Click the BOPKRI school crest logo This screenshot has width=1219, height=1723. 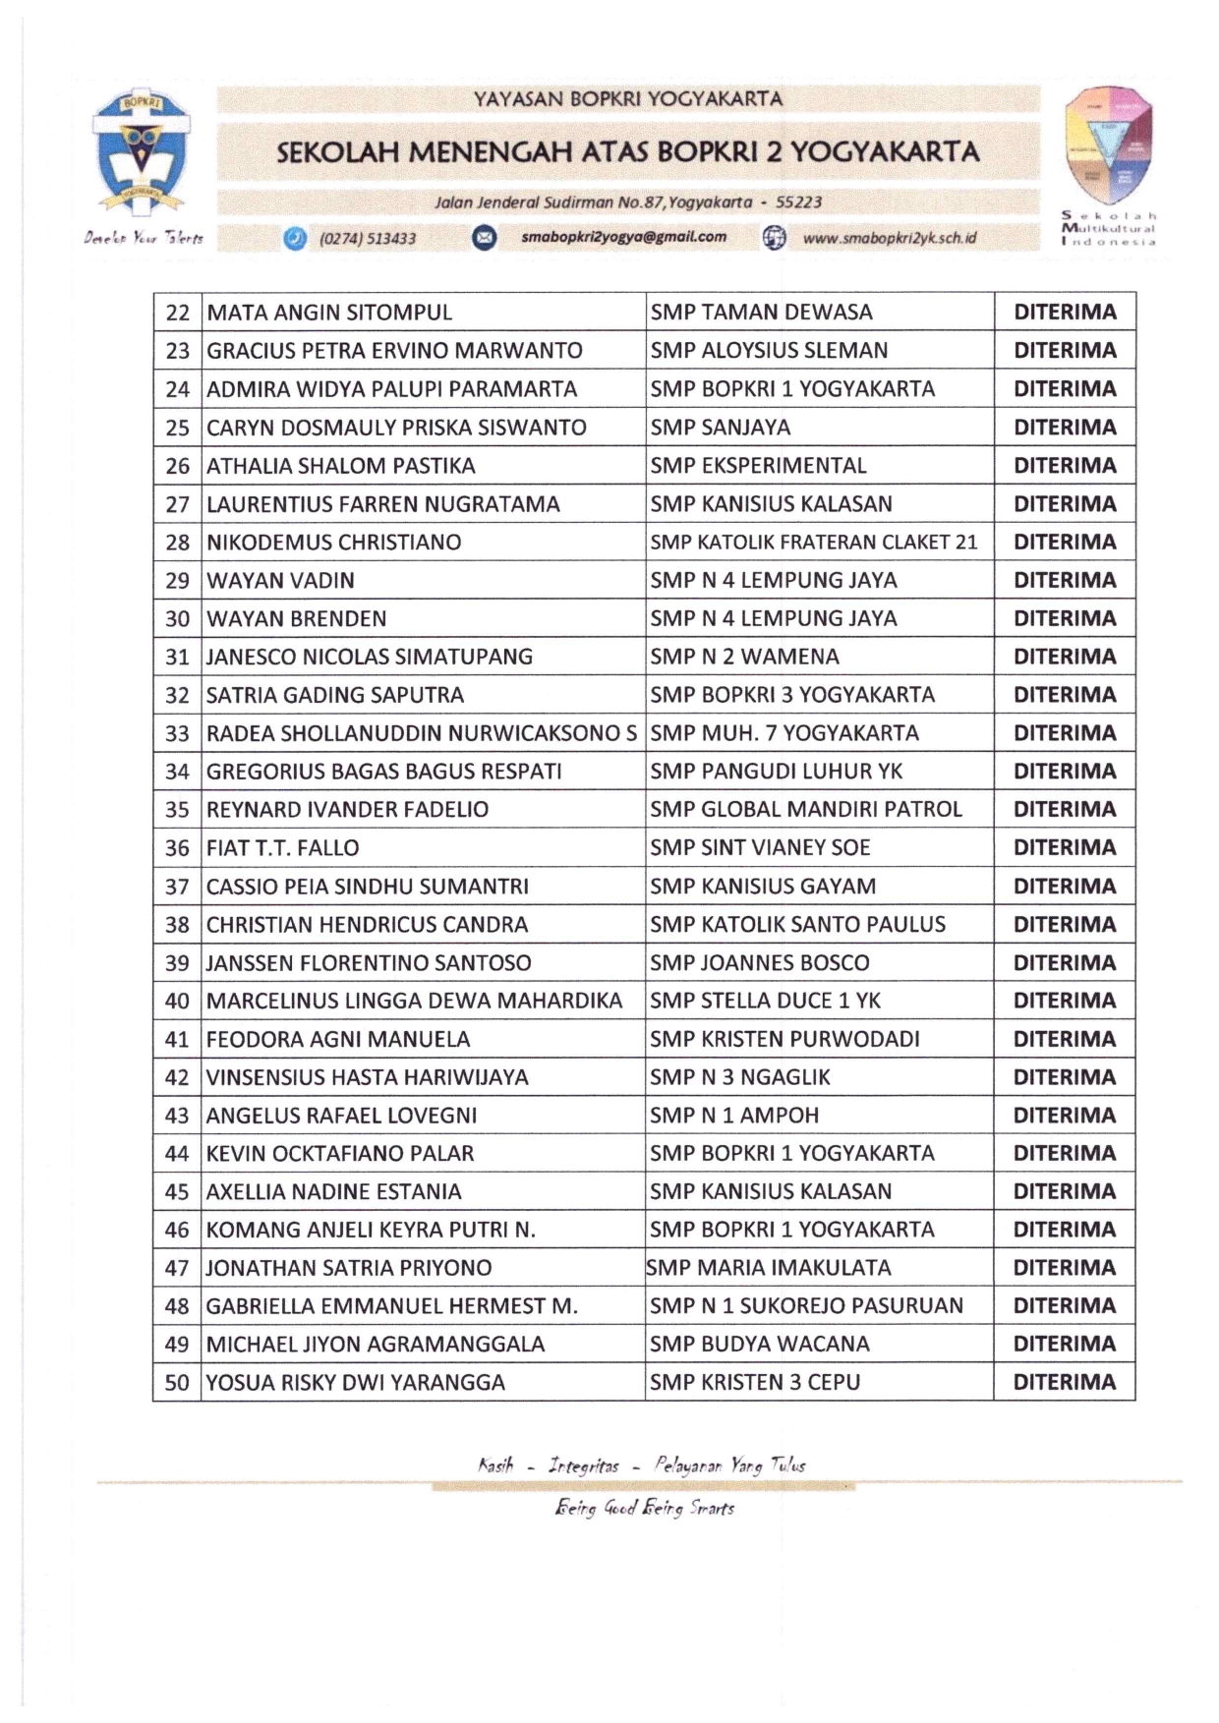141,151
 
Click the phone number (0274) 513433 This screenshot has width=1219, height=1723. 368,239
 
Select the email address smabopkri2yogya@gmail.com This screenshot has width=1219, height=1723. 623,237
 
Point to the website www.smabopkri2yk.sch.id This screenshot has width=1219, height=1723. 889,238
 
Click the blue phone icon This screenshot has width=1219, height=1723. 294,238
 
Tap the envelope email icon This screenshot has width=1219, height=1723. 485,238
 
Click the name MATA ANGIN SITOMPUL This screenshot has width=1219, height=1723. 329,313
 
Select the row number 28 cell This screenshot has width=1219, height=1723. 177,543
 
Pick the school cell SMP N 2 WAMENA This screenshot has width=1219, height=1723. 744,657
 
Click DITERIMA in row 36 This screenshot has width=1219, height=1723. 1065,847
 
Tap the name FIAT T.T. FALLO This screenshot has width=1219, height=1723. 282,848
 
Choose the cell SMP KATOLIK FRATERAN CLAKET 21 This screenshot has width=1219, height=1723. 813,543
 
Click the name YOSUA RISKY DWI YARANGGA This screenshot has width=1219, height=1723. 355,1383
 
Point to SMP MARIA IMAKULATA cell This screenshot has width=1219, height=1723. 770,1268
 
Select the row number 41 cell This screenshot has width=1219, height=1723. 177,1040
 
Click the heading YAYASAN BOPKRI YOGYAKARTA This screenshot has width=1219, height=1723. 628,99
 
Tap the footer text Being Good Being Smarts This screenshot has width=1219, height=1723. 644,1508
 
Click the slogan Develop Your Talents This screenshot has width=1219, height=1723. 144,238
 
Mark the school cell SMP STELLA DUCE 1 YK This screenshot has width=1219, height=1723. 765,1001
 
